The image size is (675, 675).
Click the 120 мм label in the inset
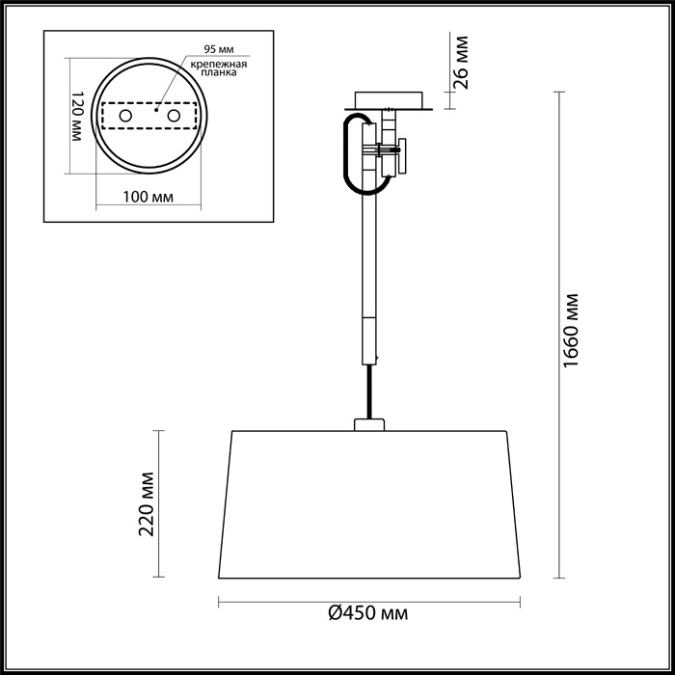coord(77,117)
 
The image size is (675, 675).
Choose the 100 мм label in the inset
coord(148,198)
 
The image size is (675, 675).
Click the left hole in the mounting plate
coord(124,117)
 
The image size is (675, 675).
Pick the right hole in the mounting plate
coord(175,117)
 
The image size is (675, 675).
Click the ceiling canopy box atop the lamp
coord(389,100)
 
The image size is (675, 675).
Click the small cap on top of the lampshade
coord(369,423)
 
